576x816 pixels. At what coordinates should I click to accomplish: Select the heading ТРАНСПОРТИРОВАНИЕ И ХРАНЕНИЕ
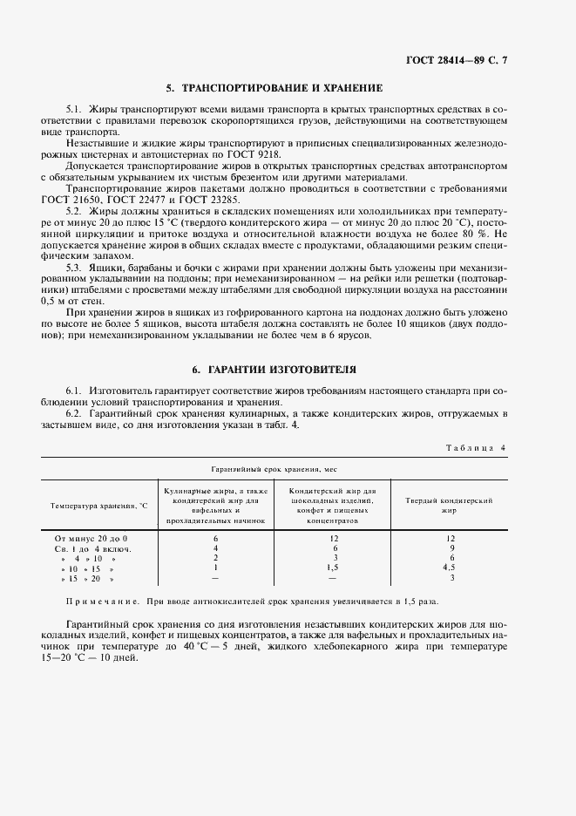(273, 88)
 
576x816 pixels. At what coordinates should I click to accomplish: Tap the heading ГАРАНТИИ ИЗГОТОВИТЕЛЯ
(274, 370)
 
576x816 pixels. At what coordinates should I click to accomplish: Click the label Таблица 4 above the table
(476, 447)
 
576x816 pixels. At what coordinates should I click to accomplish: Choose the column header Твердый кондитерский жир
(450, 506)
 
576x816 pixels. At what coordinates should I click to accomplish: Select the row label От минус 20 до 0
(91, 539)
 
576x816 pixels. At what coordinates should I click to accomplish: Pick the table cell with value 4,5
(451, 568)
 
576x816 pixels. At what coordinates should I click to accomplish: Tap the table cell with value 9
(451, 548)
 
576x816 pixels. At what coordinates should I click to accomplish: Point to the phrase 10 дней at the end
(119, 657)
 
